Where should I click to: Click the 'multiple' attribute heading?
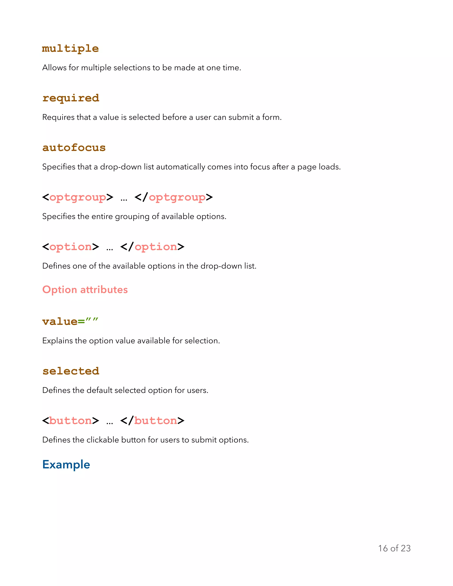[70, 49]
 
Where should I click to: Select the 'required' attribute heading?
[71, 98]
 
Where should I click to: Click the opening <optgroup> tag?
[78, 197]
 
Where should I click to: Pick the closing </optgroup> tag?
[174, 197]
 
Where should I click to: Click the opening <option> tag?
[71, 247]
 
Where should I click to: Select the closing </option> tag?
[152, 247]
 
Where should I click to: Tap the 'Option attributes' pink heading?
[85, 289]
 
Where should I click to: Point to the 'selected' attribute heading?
[71, 371]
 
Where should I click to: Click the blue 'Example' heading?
[66, 464]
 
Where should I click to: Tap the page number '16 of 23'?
[394, 548]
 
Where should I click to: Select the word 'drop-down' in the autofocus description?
[121, 167]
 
